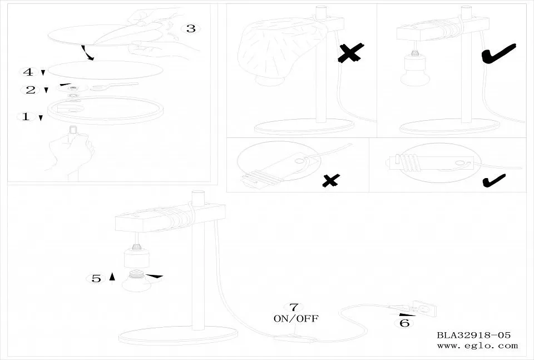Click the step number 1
tap(26, 116)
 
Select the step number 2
tap(31, 90)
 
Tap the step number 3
tap(191, 28)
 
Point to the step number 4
tap(28, 72)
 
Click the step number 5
tap(96, 279)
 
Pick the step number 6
tap(404, 323)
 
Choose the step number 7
tap(294, 307)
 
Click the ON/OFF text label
tap(296, 319)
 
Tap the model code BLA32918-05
tap(474, 335)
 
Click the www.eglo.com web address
tap(477, 346)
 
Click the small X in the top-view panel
tap(330, 180)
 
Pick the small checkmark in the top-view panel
tap(494, 180)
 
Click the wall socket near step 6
tap(424, 309)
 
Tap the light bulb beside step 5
tap(136, 280)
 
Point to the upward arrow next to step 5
tap(112, 277)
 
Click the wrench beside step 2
tap(114, 86)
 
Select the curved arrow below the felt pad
tap(87, 52)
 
